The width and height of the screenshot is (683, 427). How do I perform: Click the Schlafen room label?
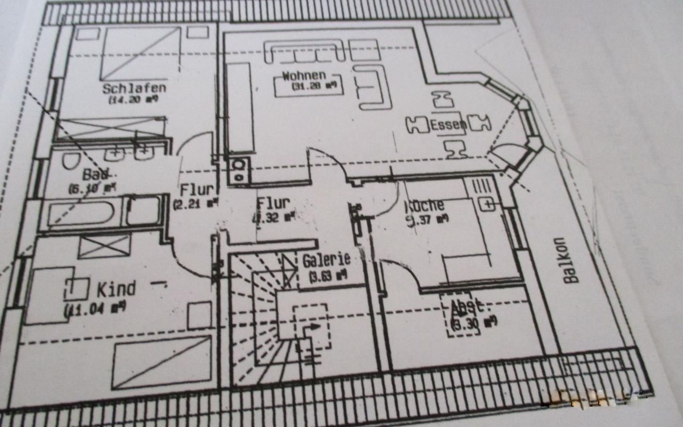[x=134, y=88]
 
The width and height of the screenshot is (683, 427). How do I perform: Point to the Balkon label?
[x=570, y=260]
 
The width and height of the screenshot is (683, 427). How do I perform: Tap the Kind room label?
[x=116, y=289]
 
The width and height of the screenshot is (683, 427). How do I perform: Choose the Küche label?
[x=425, y=205]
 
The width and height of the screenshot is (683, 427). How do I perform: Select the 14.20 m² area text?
[x=134, y=100]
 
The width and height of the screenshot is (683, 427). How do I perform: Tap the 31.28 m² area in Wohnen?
[x=314, y=86]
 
